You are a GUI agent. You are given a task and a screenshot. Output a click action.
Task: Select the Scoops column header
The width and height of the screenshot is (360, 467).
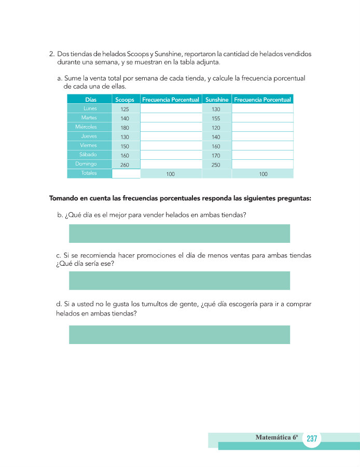(x=124, y=100)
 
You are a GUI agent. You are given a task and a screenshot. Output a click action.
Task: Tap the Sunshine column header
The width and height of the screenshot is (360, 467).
(x=217, y=100)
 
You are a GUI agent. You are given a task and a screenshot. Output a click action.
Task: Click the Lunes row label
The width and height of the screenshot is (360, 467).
(x=90, y=108)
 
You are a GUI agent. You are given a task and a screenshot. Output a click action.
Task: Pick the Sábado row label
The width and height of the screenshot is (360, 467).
(x=89, y=155)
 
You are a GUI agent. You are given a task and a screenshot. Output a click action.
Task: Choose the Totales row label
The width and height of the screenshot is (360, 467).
(x=89, y=173)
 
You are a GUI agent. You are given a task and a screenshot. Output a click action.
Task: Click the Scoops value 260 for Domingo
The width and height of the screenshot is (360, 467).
(x=124, y=165)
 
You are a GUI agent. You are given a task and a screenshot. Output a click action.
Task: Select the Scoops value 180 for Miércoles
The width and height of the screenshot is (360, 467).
(x=124, y=128)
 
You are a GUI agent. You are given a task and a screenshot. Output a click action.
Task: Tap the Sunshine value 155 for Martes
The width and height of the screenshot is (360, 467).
(x=216, y=118)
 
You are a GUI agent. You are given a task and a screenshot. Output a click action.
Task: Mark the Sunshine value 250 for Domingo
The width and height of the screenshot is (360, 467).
(x=216, y=165)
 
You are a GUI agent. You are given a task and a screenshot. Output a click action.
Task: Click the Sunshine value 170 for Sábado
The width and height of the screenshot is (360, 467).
(x=216, y=156)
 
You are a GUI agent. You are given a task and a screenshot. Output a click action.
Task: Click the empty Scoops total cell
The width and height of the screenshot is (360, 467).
(x=126, y=174)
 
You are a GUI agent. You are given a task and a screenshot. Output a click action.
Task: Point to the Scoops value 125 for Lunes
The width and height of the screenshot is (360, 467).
(x=124, y=109)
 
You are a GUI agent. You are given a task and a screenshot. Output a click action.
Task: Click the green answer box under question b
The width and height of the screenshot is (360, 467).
(x=179, y=233)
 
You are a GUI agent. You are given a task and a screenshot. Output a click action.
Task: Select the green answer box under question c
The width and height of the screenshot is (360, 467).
(x=179, y=280)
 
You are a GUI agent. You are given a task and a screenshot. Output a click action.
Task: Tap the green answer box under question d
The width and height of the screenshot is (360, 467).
(x=179, y=335)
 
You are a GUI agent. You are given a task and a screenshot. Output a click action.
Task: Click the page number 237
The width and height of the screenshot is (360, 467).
(x=312, y=439)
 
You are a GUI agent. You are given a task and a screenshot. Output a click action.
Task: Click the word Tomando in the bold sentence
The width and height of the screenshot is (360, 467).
(x=65, y=198)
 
